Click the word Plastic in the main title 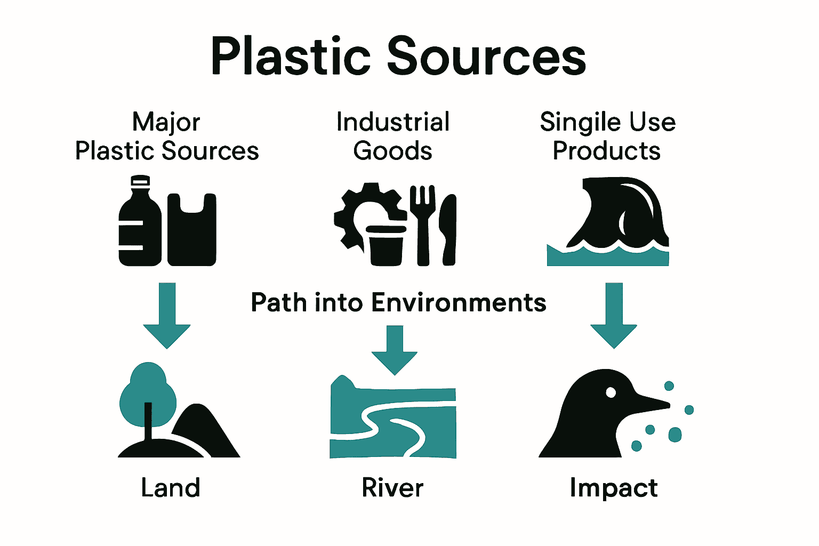click(291, 56)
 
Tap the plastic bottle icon click(139, 224)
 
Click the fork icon click(423, 224)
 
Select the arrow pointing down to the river click(395, 352)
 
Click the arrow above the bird click(614, 317)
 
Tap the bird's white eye click(611, 393)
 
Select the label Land click(171, 488)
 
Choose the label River click(393, 488)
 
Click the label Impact click(614, 488)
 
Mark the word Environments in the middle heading click(459, 302)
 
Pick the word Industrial click(393, 122)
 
